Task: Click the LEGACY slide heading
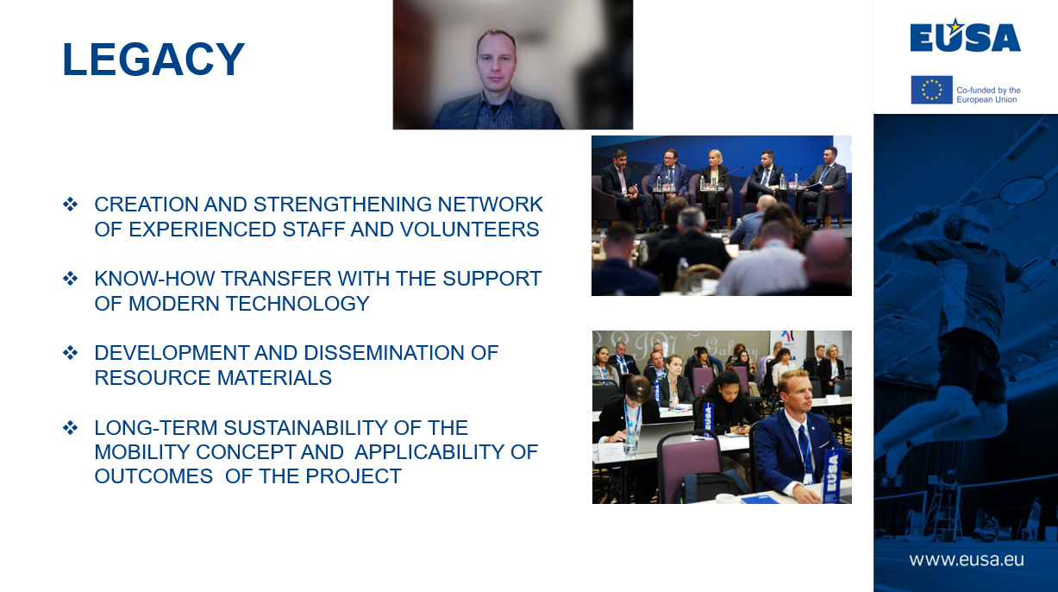(x=153, y=60)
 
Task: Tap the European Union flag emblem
(x=931, y=90)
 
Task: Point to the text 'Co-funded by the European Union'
(x=988, y=95)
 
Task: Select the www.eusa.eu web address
(x=966, y=559)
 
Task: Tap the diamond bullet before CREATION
(x=71, y=205)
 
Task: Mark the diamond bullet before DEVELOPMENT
(x=71, y=353)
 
